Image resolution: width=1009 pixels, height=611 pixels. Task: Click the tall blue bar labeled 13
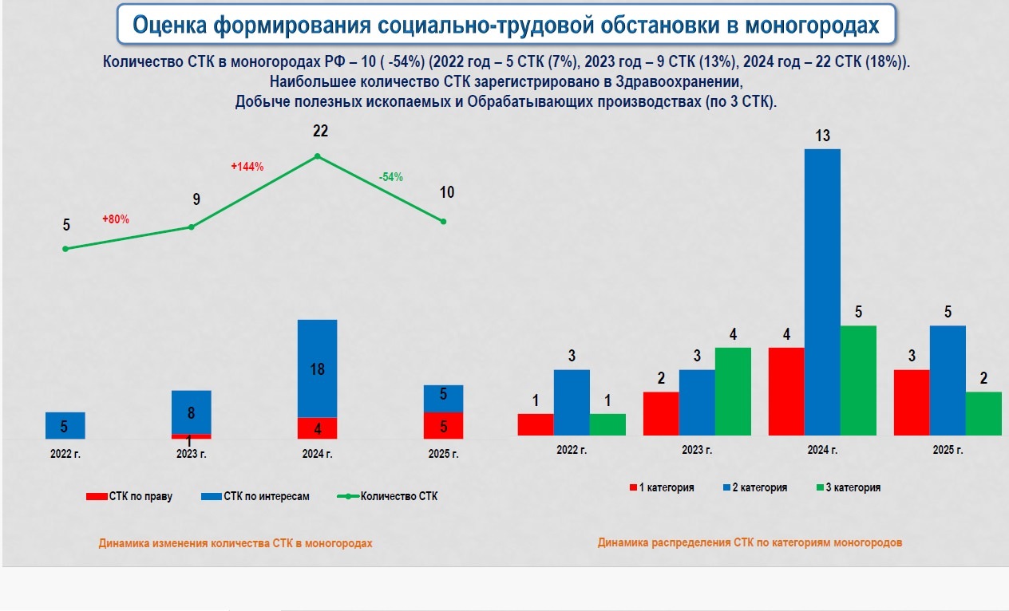click(822, 291)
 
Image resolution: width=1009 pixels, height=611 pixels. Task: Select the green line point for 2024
click(318, 156)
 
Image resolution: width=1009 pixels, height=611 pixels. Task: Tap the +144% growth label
click(247, 167)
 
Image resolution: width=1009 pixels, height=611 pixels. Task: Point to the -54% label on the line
click(390, 177)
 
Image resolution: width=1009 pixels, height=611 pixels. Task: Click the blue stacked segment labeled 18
click(317, 369)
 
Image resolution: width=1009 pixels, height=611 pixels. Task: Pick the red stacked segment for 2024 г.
click(317, 428)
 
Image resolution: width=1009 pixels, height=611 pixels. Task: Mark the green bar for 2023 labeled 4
click(733, 391)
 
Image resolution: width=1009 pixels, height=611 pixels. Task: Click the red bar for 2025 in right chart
click(912, 402)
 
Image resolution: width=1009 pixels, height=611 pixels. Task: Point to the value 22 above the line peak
click(320, 132)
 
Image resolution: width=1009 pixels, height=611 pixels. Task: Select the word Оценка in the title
click(172, 25)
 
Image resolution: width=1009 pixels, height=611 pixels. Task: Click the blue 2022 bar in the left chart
click(65, 425)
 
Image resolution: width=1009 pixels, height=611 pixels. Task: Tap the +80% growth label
click(116, 219)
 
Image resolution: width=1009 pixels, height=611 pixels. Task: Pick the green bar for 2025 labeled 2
click(983, 413)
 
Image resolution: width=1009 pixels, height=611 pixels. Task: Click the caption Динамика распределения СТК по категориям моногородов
click(750, 542)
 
